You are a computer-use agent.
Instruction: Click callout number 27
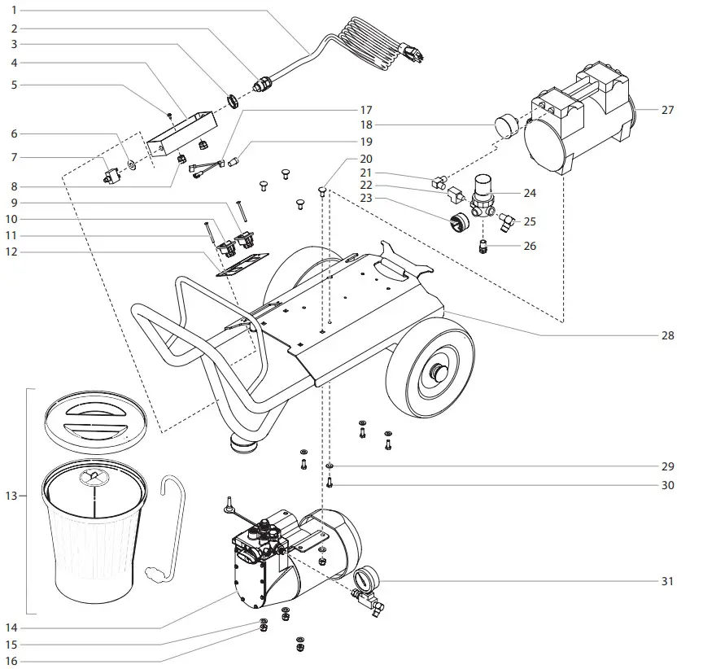(667, 110)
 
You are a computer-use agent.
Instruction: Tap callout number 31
(667, 582)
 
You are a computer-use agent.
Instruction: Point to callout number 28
(667, 335)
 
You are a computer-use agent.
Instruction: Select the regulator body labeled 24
(486, 194)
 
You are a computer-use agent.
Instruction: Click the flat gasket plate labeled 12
(241, 266)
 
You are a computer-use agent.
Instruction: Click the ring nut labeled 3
(230, 101)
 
